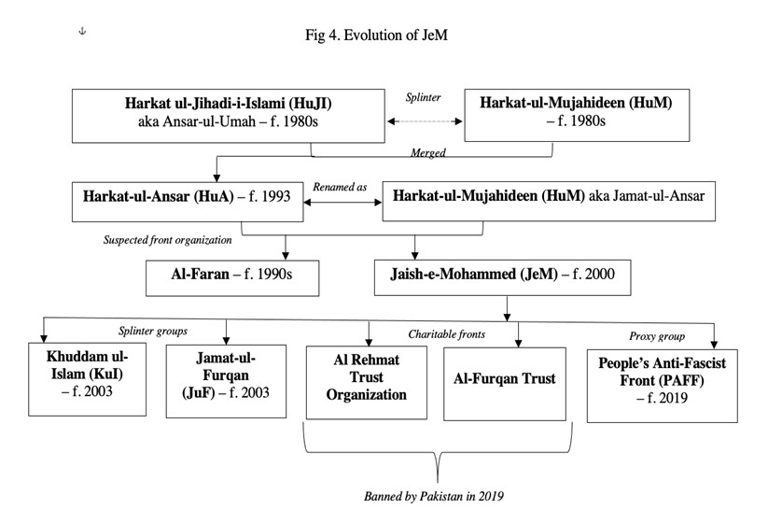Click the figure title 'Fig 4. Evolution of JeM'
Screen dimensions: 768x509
pyautogui.click(x=376, y=35)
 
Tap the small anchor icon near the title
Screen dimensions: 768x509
pyautogui.click(x=82, y=31)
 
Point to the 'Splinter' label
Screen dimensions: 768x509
pyautogui.click(x=423, y=97)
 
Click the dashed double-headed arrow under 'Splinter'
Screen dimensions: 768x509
pyautogui.click(x=425, y=121)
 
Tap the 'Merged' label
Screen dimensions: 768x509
pyautogui.click(x=428, y=152)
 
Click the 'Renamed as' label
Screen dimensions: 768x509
pyautogui.click(x=340, y=187)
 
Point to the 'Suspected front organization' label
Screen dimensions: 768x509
pyautogui.click(x=168, y=240)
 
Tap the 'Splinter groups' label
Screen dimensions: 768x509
pyautogui.click(x=153, y=331)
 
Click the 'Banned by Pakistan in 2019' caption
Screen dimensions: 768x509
pyautogui.click(x=434, y=496)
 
